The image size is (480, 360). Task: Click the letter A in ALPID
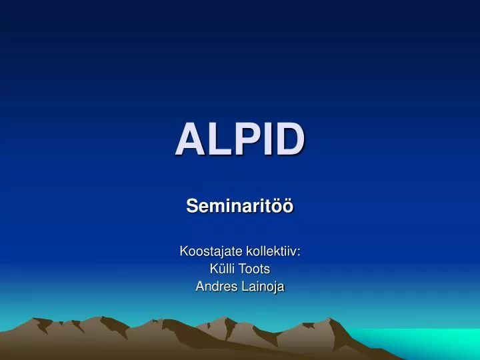pyautogui.click(x=189, y=139)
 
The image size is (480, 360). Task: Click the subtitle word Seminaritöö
pyautogui.click(x=240, y=207)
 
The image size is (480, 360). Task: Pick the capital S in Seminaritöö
pyautogui.click(x=191, y=207)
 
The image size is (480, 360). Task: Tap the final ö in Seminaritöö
pyautogui.click(x=288, y=207)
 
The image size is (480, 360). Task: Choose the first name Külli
pyautogui.click(x=222, y=269)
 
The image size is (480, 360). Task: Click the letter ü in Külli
pyautogui.click(x=221, y=269)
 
